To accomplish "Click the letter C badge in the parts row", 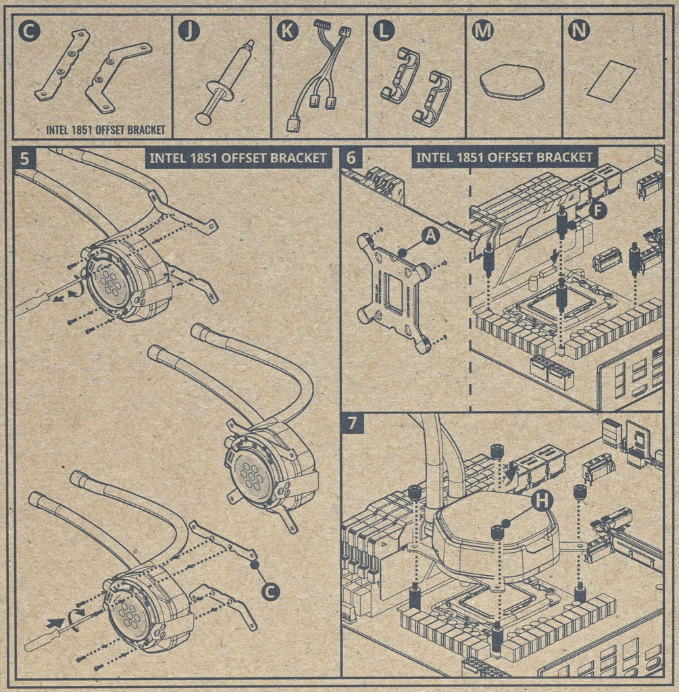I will coord(28,30).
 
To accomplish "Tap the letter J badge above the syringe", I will coord(189,30).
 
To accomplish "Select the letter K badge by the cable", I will coord(287,30).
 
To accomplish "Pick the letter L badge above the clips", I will coord(384,30).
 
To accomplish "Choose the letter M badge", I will coord(482,30).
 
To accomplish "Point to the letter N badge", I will coord(579,30).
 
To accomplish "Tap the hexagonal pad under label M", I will coord(511,82).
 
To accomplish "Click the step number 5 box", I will coord(25,159).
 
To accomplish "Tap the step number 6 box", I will coord(351,158).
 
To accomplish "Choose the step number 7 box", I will coord(352,424).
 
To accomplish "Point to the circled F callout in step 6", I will coord(597,209).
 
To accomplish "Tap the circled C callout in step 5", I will coord(270,591).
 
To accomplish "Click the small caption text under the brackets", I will coord(105,130).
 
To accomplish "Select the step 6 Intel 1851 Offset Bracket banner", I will coord(504,158).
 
